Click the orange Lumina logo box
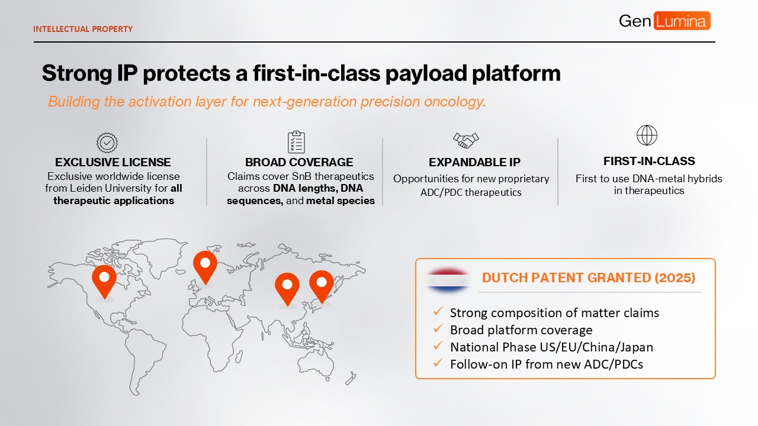point(682,21)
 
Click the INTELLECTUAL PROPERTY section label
point(83,29)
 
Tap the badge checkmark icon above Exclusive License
point(107,143)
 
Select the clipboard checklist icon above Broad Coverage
point(297,142)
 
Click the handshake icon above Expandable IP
point(465,140)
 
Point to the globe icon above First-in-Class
point(647,135)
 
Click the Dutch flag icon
point(448,280)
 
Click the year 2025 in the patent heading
point(675,277)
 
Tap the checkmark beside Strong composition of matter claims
point(438,311)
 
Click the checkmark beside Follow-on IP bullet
point(438,363)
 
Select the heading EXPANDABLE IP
point(474,162)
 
